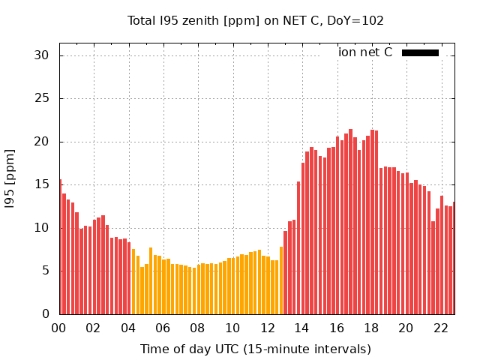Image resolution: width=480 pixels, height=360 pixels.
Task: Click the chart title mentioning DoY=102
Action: [256, 21]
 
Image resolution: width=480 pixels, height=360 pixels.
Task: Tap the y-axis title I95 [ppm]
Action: [10, 178]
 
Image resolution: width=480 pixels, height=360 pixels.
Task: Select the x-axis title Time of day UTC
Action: [256, 349]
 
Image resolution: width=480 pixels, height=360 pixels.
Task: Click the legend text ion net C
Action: [365, 52]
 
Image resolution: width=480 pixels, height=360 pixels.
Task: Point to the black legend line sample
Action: [420, 52]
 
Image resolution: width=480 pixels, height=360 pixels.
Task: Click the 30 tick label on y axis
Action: [41, 55]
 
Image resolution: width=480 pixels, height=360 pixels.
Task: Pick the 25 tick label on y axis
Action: [41, 99]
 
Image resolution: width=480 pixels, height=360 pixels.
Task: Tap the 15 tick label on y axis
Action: [41, 184]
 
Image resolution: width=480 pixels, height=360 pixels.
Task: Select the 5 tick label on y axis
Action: [45, 271]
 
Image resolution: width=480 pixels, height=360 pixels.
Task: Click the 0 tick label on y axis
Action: [45, 313]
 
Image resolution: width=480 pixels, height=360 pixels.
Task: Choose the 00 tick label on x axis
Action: [59, 328]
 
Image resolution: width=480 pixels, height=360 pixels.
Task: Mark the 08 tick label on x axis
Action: [198, 328]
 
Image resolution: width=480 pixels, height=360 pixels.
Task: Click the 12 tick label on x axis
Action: [267, 328]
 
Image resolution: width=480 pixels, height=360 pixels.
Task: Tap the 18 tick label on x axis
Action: [371, 328]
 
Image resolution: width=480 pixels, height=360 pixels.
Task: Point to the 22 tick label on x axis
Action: [440, 328]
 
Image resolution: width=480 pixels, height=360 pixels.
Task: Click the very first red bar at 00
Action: [60, 247]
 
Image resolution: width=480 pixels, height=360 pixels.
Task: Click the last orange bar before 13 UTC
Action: [281, 280]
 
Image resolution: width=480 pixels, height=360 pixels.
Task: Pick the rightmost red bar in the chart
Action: [453, 258]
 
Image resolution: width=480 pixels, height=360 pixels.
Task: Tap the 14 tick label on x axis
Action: [301, 328]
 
